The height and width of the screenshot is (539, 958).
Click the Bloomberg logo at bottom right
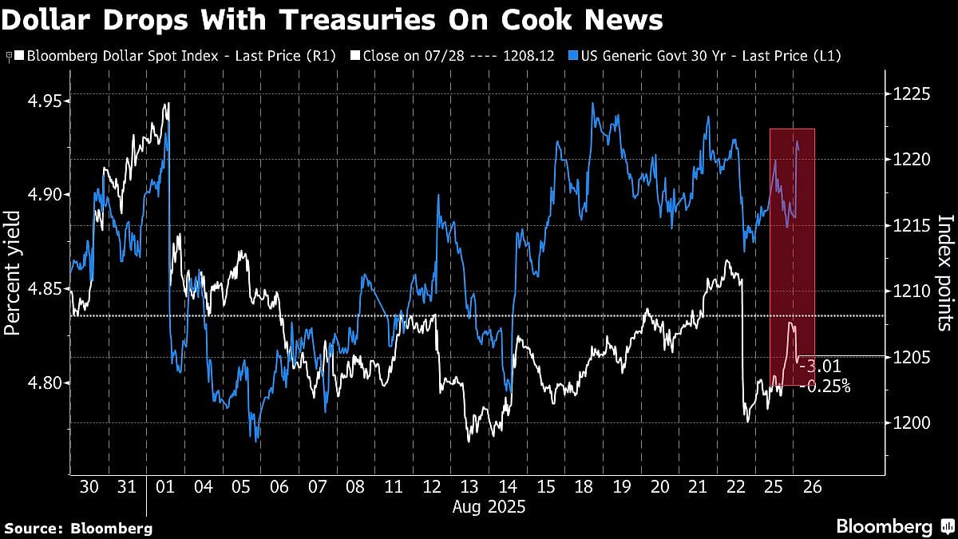tap(894, 526)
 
